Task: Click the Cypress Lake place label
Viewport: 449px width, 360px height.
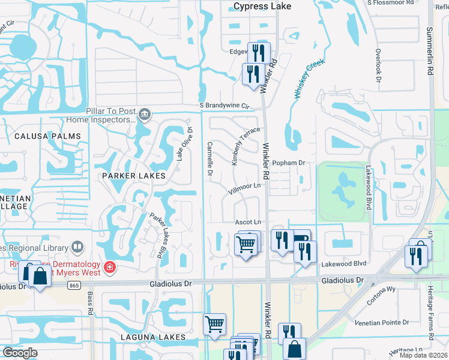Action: (262, 7)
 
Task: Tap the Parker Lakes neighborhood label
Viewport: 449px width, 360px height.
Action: (133, 176)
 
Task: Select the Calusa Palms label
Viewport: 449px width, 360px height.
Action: (52, 136)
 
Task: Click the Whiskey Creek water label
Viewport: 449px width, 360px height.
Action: (309, 78)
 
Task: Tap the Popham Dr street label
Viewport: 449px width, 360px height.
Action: (289, 163)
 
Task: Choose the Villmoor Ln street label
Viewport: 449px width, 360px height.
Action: (247, 189)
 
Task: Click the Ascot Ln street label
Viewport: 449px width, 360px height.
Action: (249, 222)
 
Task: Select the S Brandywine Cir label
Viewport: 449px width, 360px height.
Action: (224, 106)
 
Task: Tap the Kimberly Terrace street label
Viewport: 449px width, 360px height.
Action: (246, 145)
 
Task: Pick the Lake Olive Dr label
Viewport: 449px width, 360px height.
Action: (184, 143)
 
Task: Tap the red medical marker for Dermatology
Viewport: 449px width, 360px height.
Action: (109, 267)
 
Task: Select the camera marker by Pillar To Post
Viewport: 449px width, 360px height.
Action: (144, 114)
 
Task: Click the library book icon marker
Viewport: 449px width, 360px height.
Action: (77, 247)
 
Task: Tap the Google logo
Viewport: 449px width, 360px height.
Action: (20, 352)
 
